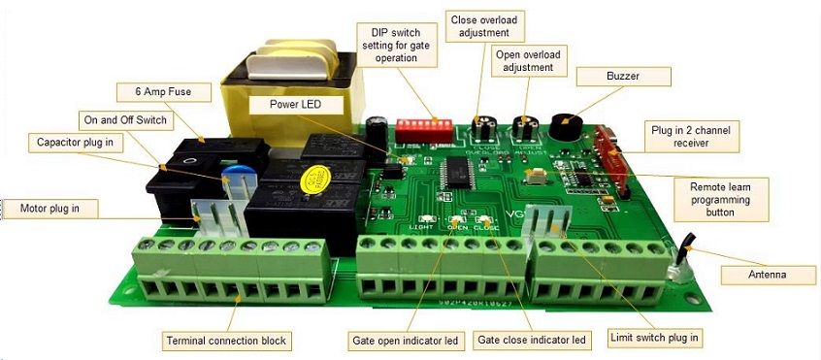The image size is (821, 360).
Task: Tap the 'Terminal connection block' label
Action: click(x=227, y=341)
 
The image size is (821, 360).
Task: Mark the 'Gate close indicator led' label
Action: click(x=532, y=341)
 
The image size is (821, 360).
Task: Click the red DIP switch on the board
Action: click(x=424, y=128)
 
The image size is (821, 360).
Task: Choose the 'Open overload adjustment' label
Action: click(x=528, y=60)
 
